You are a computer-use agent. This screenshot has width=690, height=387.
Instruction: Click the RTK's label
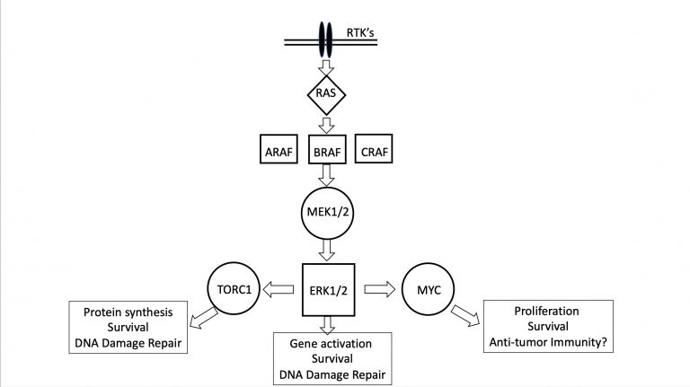coord(360,33)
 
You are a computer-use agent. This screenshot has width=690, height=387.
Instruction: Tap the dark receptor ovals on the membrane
coord(325,40)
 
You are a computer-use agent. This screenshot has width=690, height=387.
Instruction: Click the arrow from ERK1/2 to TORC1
coord(279,289)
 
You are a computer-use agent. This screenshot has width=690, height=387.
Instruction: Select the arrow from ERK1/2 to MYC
coord(380,289)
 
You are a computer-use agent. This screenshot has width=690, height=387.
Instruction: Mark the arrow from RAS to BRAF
coord(326,126)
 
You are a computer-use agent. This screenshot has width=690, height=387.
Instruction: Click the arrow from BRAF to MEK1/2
coord(326,175)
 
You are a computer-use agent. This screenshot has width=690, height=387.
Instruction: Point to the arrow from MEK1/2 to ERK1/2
coord(326,251)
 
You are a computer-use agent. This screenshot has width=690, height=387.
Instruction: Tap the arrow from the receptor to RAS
coord(326,67)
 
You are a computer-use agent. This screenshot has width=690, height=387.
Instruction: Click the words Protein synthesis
coord(128,312)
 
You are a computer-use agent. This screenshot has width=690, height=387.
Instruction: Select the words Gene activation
coord(331,344)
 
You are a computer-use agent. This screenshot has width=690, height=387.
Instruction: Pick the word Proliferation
coord(546,312)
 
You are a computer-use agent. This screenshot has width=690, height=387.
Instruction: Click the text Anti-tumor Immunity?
coord(548,342)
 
